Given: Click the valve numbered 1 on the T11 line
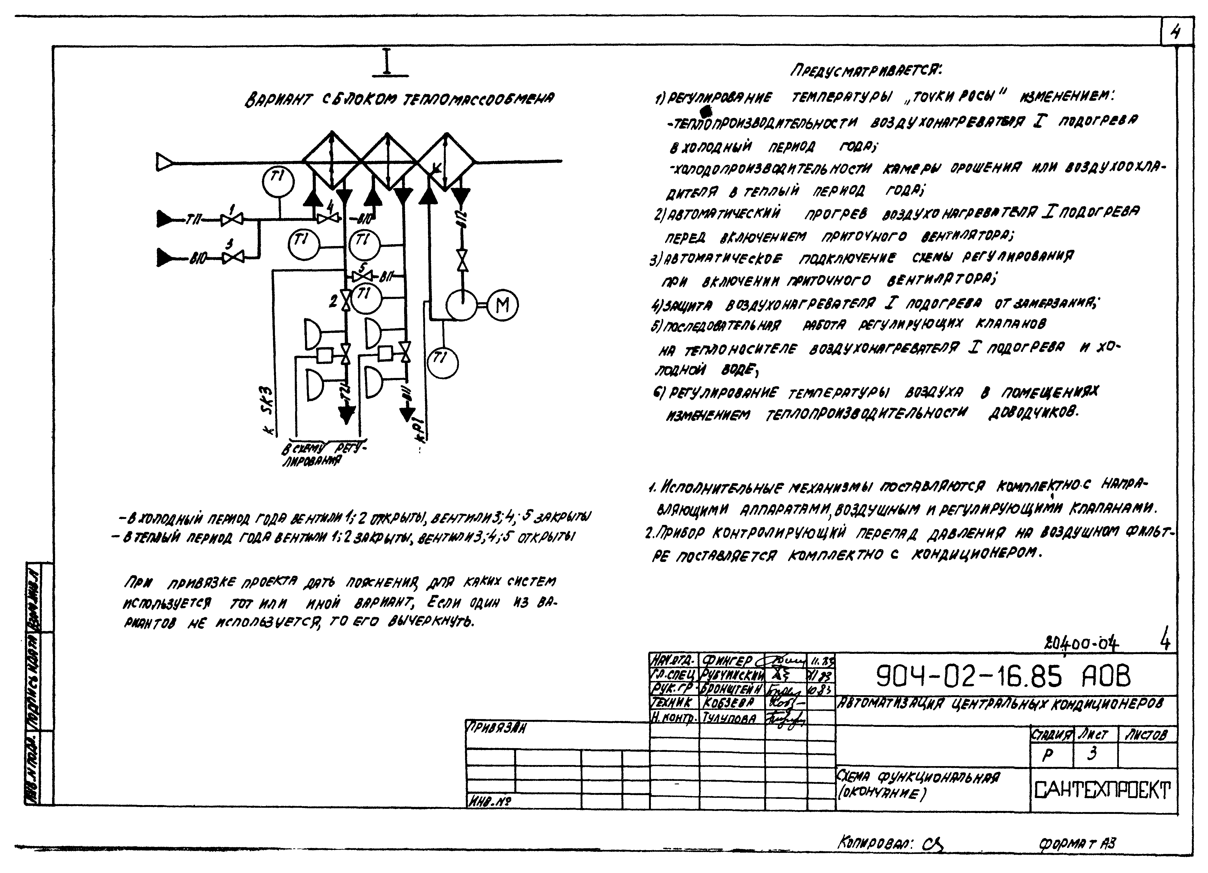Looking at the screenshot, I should click(232, 218).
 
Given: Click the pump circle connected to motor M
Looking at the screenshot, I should click(461, 305).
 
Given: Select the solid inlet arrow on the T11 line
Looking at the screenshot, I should click(167, 218).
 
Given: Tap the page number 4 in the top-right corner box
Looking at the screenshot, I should click(1174, 33).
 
